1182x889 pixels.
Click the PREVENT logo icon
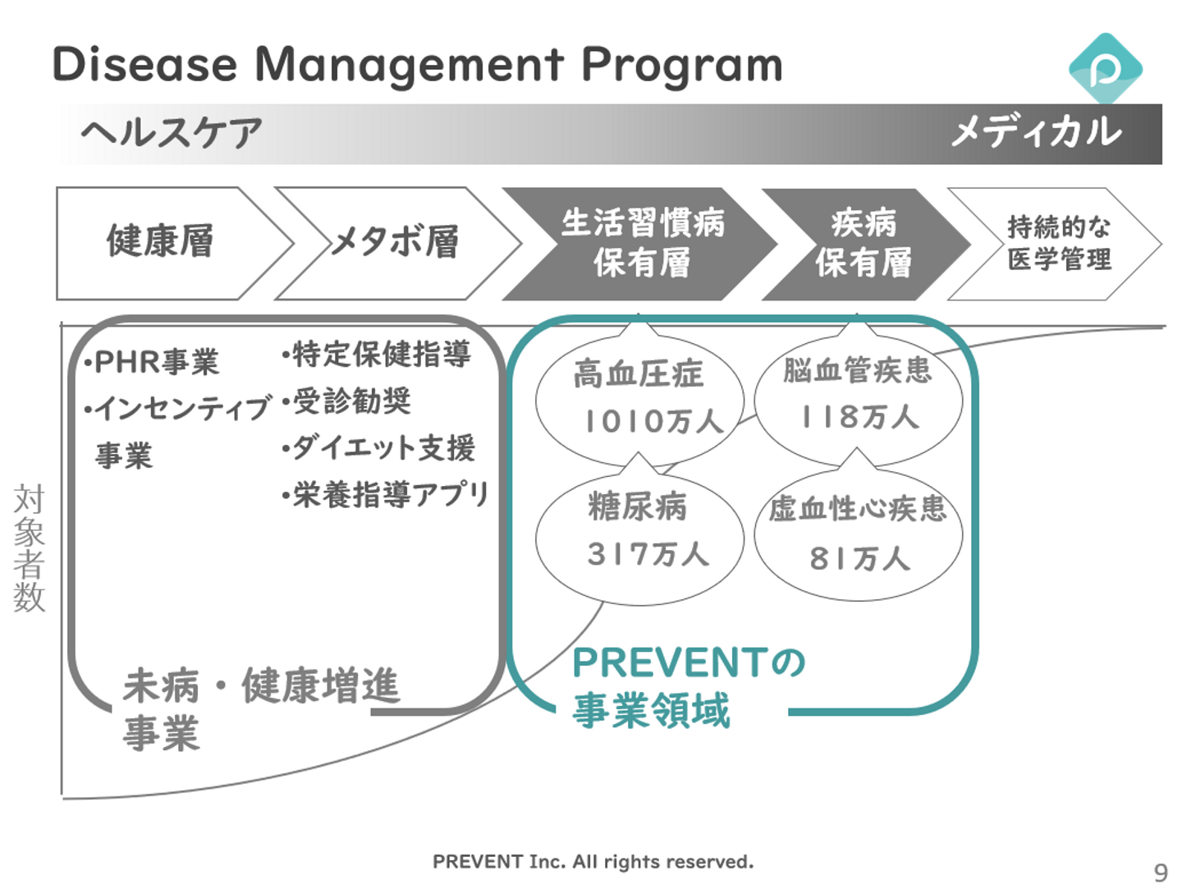click(1105, 69)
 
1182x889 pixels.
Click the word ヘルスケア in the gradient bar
click(172, 133)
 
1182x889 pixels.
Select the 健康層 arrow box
click(160, 242)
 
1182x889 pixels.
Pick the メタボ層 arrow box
click(395, 242)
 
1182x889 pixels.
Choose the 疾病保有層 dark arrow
click(863, 243)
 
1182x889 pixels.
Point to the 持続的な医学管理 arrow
click(1058, 243)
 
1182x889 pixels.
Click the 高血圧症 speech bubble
click(639, 398)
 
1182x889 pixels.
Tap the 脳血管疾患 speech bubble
click(858, 396)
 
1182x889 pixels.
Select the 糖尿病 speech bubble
click(639, 534)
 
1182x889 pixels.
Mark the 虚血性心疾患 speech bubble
click(858, 534)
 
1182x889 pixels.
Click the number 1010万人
click(653, 422)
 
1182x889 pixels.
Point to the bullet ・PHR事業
click(153, 362)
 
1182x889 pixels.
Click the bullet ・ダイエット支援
click(378, 448)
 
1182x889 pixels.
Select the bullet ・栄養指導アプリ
click(385, 494)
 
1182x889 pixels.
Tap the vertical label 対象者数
click(29, 548)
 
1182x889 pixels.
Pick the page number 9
click(1160, 872)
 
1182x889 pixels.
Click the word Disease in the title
click(144, 64)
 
